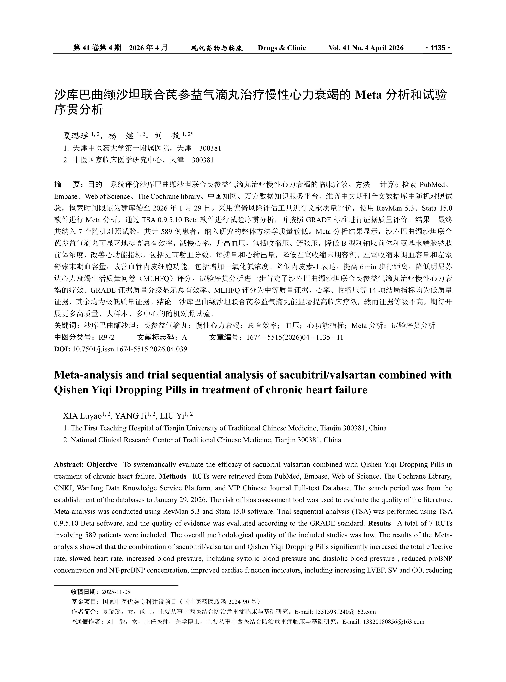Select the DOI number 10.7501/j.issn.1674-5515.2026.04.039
[x=130, y=349]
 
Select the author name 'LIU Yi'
[x=172, y=416]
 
